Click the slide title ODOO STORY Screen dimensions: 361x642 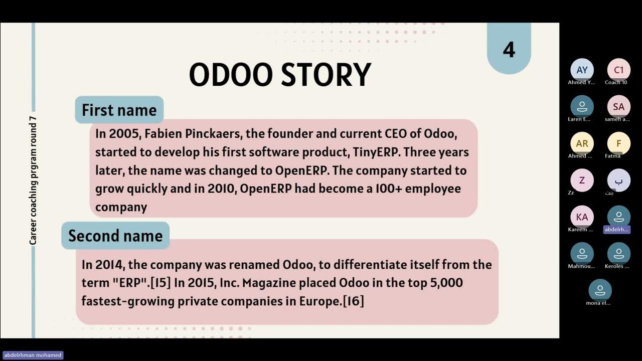280,75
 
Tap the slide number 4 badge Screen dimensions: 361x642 509,50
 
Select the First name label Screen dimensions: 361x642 119,110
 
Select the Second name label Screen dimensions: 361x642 115,236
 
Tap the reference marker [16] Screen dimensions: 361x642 354,301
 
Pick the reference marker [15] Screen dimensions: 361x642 160,283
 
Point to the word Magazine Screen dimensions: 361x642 269,283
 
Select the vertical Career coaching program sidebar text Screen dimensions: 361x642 33,180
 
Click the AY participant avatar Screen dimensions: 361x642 582,70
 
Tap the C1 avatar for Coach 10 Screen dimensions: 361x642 618,70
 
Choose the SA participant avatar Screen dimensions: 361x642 618,107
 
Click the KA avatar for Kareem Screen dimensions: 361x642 582,217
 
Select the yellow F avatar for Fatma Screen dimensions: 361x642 618,143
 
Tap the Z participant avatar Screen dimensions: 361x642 582,180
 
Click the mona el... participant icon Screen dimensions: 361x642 600,290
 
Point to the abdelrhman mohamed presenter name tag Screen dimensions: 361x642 33,355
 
